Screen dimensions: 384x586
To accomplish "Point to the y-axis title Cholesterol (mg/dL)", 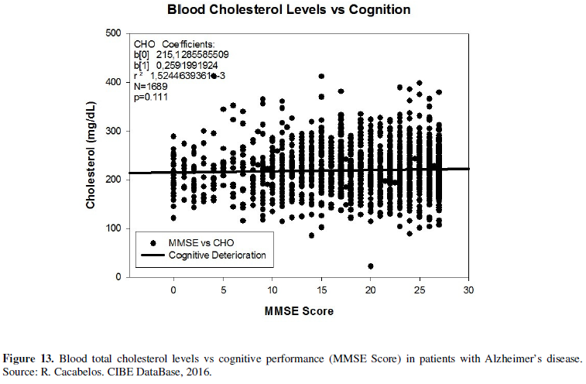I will (x=91, y=156).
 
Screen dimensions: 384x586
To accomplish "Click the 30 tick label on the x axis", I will (x=468, y=290).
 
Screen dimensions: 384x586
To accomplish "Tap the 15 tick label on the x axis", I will (x=320, y=290).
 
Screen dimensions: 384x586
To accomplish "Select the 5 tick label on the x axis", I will (x=223, y=290).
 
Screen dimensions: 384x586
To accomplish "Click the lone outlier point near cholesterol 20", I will (x=371, y=266).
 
